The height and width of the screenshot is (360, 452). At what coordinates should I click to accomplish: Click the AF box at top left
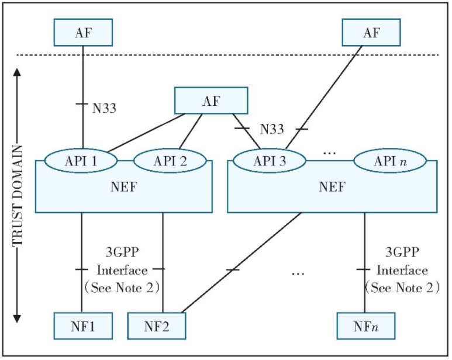pyautogui.click(x=82, y=32)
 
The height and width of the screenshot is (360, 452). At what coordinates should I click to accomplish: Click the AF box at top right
pyautogui.click(x=371, y=32)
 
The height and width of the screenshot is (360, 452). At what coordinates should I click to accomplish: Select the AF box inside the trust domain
pyautogui.click(x=211, y=101)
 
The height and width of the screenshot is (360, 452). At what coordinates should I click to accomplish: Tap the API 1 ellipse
pyautogui.click(x=81, y=161)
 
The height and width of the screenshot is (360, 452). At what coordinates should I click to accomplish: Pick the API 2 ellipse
pyautogui.click(x=170, y=161)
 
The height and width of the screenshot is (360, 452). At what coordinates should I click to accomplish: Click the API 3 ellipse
pyautogui.click(x=269, y=161)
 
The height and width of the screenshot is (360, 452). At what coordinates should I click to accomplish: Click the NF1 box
pyautogui.click(x=82, y=326)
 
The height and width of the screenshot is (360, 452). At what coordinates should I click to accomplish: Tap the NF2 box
pyautogui.click(x=156, y=326)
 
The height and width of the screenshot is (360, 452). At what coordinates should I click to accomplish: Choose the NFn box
pyautogui.click(x=365, y=326)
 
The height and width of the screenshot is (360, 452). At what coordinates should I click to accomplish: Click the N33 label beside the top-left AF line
pyautogui.click(x=104, y=108)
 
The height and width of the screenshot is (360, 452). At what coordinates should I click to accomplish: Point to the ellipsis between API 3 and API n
pyautogui.click(x=329, y=153)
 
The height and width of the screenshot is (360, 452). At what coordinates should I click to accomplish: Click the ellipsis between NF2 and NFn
pyautogui.click(x=298, y=272)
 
